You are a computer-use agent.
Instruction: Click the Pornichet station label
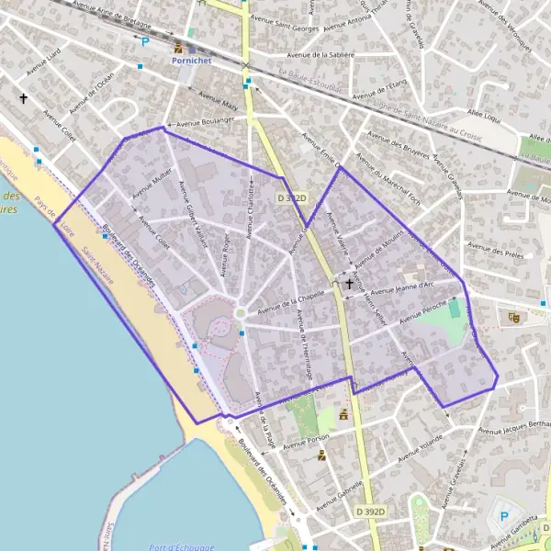(x=191, y=59)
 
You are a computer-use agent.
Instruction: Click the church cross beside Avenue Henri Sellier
(x=349, y=286)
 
